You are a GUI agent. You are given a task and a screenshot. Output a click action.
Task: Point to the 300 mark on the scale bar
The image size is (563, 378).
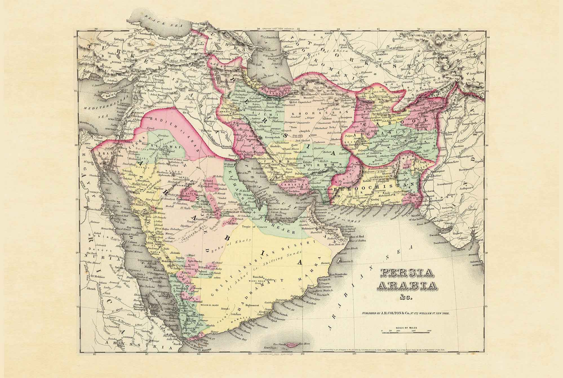coord(429,330)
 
